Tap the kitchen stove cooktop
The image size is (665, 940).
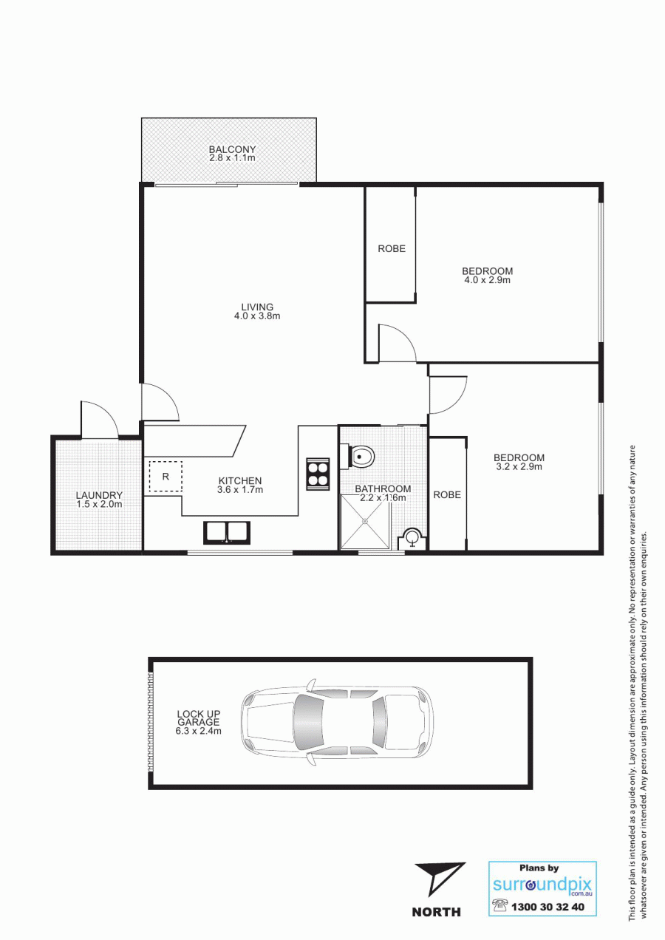click(318, 474)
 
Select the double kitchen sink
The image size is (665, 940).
click(227, 533)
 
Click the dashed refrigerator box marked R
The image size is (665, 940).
click(166, 477)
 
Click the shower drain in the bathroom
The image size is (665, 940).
click(365, 521)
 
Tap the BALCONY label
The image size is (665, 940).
click(232, 149)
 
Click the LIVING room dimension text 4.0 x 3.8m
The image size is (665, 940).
click(257, 316)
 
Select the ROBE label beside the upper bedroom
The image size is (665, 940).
click(392, 249)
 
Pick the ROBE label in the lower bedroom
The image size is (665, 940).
click(447, 495)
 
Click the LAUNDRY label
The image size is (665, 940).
click(100, 496)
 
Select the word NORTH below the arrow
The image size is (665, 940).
click(437, 911)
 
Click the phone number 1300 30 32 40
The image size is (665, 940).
click(548, 907)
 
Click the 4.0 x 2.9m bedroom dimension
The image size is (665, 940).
click(487, 280)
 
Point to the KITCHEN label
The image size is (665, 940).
click(240, 481)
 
